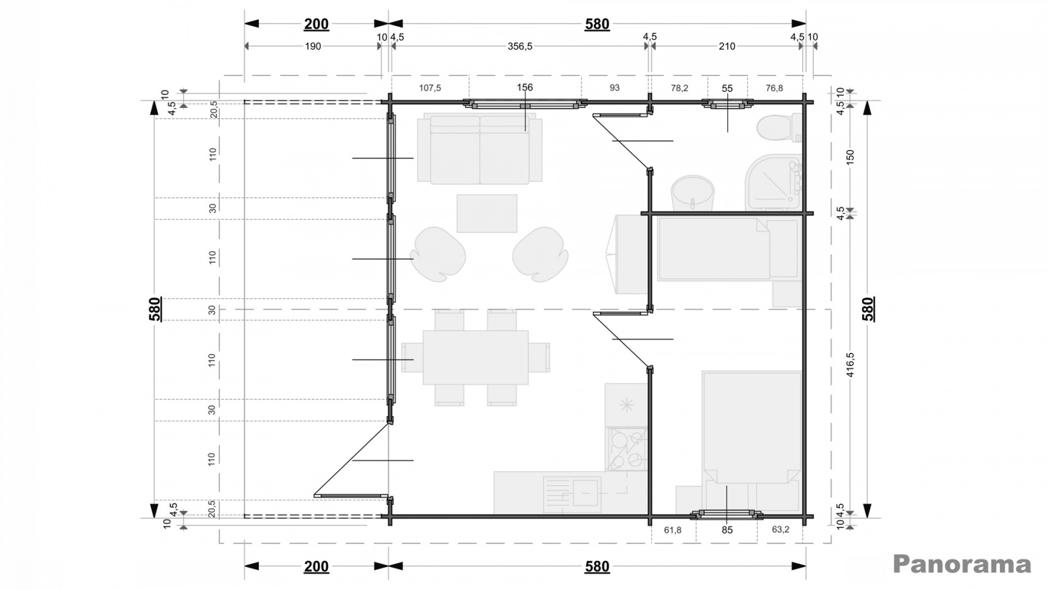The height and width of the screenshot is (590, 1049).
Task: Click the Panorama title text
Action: click(x=962, y=564)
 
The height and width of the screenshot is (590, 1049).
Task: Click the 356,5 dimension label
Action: click(x=520, y=47)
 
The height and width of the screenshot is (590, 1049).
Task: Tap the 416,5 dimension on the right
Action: click(x=851, y=364)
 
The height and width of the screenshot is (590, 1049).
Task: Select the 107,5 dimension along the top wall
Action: click(x=429, y=88)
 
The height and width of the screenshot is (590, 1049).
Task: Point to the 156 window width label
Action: click(x=524, y=87)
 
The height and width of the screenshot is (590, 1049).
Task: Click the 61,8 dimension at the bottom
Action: click(x=673, y=530)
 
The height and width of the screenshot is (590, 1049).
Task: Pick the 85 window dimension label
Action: click(x=727, y=530)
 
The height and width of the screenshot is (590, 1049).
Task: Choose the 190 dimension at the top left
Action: click(x=313, y=47)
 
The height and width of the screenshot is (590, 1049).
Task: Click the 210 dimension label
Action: click(x=727, y=47)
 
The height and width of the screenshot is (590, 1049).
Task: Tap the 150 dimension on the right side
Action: click(x=851, y=156)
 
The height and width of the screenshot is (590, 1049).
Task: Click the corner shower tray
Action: click(x=773, y=182)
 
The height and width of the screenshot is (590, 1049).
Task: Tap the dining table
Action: click(x=475, y=357)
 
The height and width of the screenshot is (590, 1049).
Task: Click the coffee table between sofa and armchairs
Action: click(x=487, y=214)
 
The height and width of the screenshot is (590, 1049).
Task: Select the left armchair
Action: click(x=438, y=254)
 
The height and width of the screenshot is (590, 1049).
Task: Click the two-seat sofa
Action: click(x=479, y=149)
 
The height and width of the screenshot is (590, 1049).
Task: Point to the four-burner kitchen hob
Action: click(x=626, y=449)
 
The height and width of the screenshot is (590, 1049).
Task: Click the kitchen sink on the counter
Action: click(x=572, y=495)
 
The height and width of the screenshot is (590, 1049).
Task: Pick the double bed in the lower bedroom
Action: click(x=752, y=427)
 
